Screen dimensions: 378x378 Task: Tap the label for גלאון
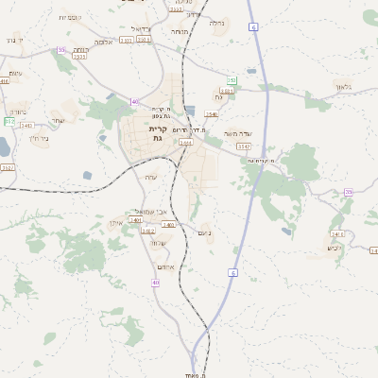pyautogui.click(x=343, y=86)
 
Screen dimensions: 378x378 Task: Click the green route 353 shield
pyautogui.click(x=232, y=81)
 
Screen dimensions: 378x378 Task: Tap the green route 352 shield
pyautogui.click(x=9, y=121)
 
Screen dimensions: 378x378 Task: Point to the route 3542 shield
pyautogui.click(x=244, y=146)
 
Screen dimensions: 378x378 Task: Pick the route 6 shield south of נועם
pyautogui.click(x=232, y=272)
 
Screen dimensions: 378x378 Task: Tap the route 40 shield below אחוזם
pyautogui.click(x=155, y=283)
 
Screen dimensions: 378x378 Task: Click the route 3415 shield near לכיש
pyautogui.click(x=336, y=232)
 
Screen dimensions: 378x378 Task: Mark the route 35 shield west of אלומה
pyautogui.click(x=61, y=50)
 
